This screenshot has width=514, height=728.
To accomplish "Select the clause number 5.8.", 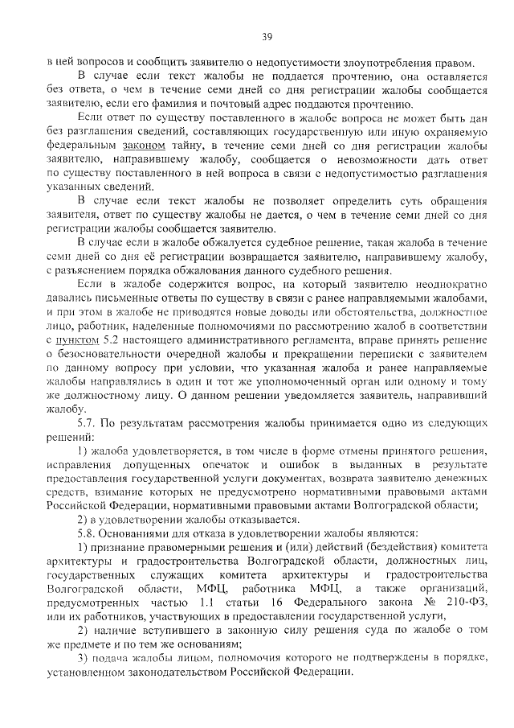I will click(88, 533).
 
